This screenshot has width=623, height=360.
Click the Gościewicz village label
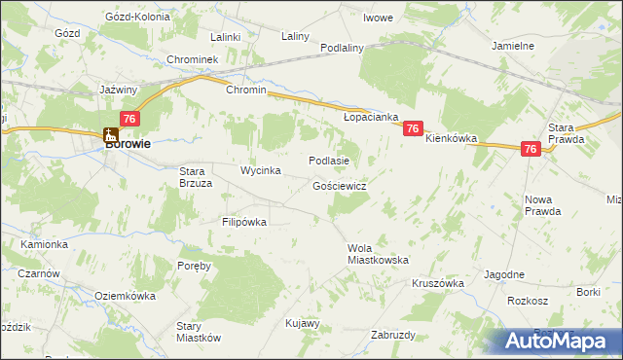click(x=340, y=185)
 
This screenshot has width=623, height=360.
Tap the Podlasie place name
click(x=328, y=161)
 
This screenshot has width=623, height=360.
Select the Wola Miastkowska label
click(x=378, y=254)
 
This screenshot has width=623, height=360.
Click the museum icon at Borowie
click(x=111, y=136)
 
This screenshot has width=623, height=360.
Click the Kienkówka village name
click(x=452, y=139)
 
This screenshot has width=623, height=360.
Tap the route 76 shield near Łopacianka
click(x=414, y=128)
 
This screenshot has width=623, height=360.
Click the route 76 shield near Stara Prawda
click(x=531, y=149)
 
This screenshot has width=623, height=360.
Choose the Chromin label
click(x=245, y=90)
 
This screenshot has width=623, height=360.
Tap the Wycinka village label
click(x=261, y=171)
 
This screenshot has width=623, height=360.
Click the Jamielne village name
click(x=513, y=46)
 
